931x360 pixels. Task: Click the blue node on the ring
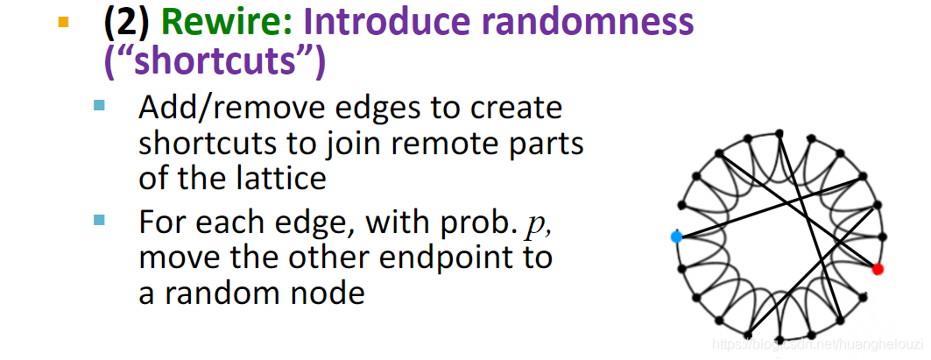(x=676, y=236)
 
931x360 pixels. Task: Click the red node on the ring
(x=878, y=268)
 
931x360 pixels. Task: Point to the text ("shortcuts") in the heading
(x=215, y=61)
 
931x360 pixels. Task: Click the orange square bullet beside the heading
(x=62, y=22)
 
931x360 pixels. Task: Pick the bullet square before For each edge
(x=99, y=220)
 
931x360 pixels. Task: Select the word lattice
(x=282, y=179)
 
